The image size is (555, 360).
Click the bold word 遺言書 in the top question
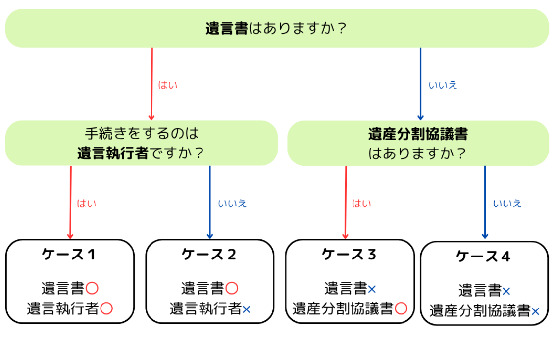[x=227, y=28]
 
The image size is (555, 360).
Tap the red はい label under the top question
[x=167, y=85]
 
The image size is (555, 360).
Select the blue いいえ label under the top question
[x=443, y=85]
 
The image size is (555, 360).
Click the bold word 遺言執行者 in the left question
[x=113, y=154]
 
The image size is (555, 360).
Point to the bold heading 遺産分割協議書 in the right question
[x=418, y=134]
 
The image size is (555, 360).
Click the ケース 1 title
[x=68, y=254]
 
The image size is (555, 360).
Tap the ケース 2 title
[x=208, y=254]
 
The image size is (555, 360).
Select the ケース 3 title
[x=349, y=254]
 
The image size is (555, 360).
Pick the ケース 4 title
[x=483, y=257]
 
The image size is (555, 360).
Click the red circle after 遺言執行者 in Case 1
[x=106, y=309]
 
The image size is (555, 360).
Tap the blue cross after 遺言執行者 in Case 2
[x=247, y=309]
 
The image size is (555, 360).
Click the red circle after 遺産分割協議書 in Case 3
[x=401, y=309]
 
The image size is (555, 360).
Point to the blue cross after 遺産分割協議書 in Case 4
[x=535, y=311]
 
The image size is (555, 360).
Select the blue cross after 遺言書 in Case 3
[x=372, y=290]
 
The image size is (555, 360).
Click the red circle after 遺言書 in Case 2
[x=232, y=288]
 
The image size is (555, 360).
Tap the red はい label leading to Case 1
[x=86, y=204]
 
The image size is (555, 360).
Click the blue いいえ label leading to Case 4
[x=507, y=204]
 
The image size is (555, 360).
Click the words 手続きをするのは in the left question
[x=142, y=133]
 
